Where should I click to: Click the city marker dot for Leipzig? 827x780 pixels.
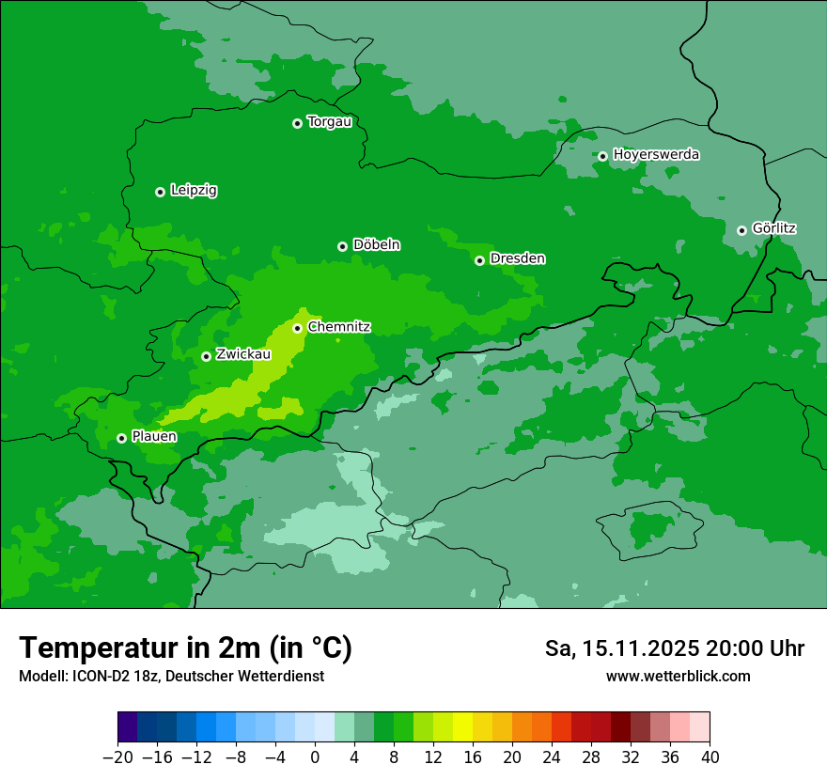(160, 192)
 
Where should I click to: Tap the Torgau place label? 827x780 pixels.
(329, 122)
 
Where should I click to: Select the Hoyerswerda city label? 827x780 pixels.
(656, 154)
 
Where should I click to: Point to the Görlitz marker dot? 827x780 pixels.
(741, 230)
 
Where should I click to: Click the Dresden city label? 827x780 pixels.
(517, 258)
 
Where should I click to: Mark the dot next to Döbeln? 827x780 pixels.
(342, 246)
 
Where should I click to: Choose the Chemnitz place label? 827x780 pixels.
(338, 327)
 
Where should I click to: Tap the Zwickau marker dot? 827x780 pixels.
(206, 356)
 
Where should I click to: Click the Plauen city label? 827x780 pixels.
(154, 437)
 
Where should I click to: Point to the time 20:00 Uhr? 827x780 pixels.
(761, 648)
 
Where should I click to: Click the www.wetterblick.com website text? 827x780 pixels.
(678, 677)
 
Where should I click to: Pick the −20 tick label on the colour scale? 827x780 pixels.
(117, 757)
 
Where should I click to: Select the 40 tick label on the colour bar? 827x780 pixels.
(710, 757)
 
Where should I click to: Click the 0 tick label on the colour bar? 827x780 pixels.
(315, 757)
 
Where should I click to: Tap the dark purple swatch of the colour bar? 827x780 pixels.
(128, 727)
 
